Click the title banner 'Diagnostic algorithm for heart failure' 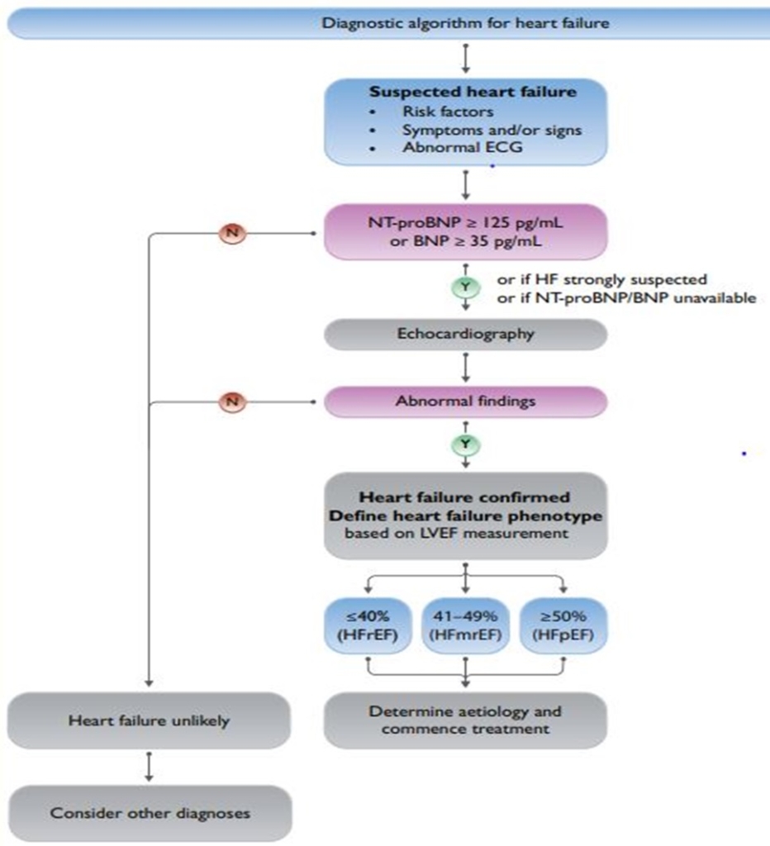click(x=465, y=22)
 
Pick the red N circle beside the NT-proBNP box click(x=232, y=233)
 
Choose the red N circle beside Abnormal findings click(x=232, y=402)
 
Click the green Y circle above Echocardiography click(x=466, y=288)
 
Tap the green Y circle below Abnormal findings click(x=466, y=444)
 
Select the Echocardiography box click(x=465, y=334)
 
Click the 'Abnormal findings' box click(x=465, y=402)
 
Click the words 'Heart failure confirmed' click(x=465, y=497)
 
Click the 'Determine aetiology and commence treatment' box click(x=465, y=720)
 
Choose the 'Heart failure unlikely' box click(x=149, y=720)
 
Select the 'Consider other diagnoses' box click(x=149, y=813)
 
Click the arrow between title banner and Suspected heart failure click(x=466, y=58)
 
